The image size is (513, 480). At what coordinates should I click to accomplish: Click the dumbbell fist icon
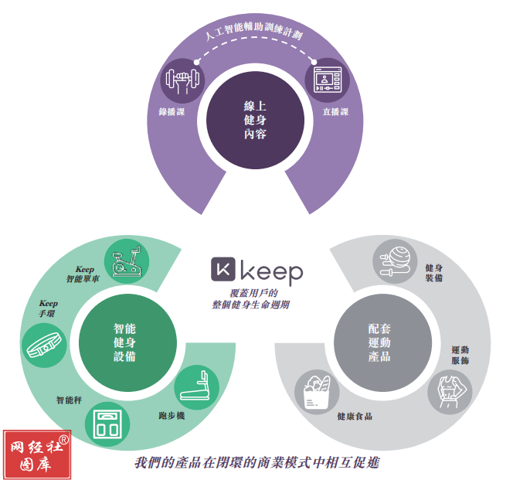182,80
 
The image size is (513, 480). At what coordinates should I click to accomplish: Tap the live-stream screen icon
328,80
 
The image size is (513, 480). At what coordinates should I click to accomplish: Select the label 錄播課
172,112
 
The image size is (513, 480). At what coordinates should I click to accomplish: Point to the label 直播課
335,112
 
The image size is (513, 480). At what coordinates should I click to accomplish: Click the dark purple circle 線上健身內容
256,120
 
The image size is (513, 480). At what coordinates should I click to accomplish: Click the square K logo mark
223,269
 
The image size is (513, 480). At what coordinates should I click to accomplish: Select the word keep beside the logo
272,272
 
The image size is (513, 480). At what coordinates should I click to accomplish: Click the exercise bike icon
127,261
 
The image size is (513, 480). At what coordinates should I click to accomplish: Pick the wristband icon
44,345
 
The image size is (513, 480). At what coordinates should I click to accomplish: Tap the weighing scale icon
107,424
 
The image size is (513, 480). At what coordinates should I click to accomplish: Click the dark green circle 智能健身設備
128,342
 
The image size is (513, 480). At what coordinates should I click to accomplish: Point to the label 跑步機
172,416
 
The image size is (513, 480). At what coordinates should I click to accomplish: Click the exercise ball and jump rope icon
396,261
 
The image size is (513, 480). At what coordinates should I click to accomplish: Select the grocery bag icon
317,392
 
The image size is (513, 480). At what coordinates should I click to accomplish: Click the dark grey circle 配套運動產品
382,342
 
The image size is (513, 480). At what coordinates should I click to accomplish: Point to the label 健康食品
355,417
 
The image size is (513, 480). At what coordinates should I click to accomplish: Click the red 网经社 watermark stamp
37,454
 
